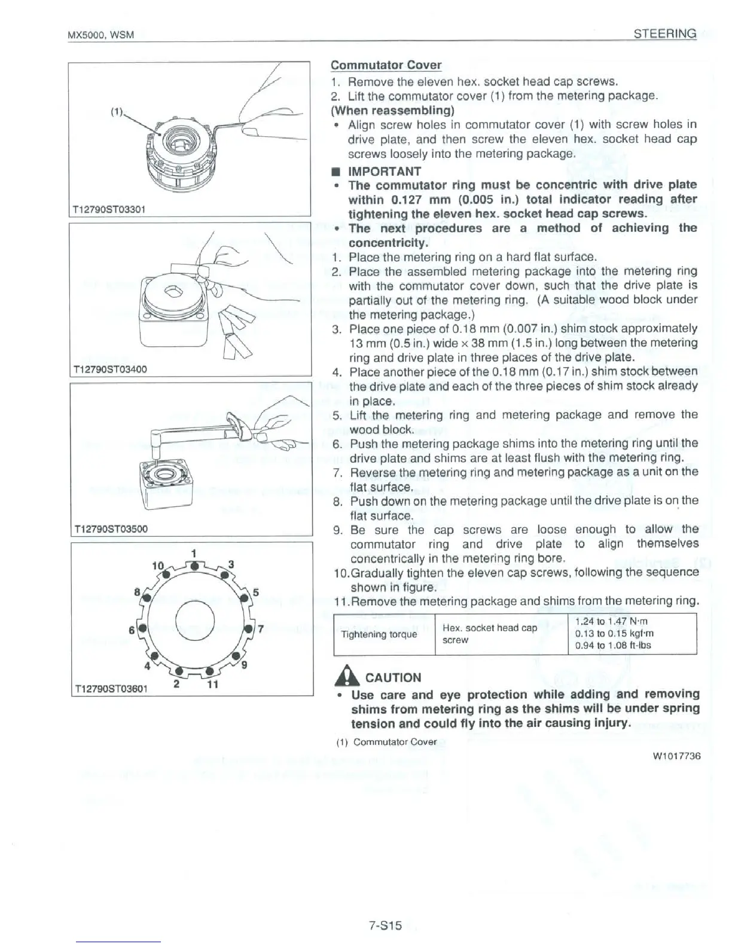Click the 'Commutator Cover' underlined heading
coord(386,65)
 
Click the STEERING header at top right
coord(665,33)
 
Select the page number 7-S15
coord(385,925)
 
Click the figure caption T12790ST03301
coord(109,209)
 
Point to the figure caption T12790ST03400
coord(109,369)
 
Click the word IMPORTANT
coord(385,170)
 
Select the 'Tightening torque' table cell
coord(379,634)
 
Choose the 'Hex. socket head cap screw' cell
coord(489,634)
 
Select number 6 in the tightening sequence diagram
coord(132,630)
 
